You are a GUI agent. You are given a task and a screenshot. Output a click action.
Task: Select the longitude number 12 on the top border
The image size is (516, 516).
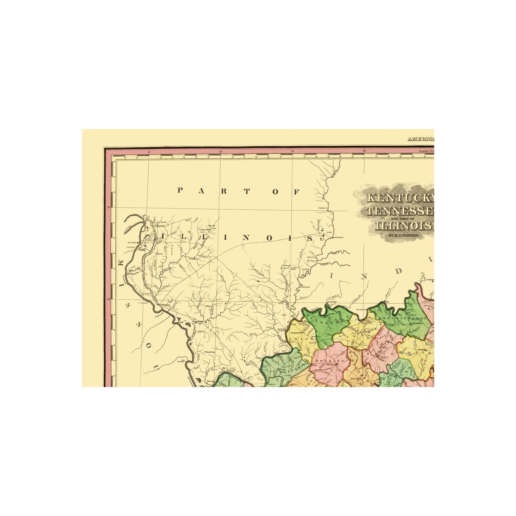tap(220, 152)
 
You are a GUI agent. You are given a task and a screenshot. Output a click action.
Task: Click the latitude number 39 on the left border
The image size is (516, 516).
tap(108, 207)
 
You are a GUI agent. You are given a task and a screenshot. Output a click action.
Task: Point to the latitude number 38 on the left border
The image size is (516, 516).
tap(108, 299)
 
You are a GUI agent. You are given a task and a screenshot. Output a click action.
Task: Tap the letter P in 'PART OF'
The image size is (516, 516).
tap(181, 190)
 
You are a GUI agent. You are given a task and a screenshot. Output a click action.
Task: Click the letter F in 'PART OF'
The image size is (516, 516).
tap(296, 191)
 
